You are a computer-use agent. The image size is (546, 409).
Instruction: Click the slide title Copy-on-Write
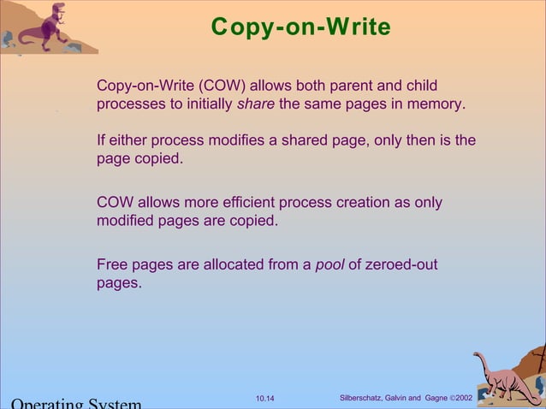[x=300, y=27]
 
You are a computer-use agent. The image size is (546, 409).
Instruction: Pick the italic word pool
[x=329, y=264]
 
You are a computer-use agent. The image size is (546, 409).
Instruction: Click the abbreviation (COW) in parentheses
[x=222, y=86]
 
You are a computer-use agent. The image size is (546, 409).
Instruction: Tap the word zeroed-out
[x=401, y=264]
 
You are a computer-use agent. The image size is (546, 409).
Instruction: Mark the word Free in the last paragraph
[x=112, y=264]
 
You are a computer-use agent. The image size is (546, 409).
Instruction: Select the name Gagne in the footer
[x=437, y=399]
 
